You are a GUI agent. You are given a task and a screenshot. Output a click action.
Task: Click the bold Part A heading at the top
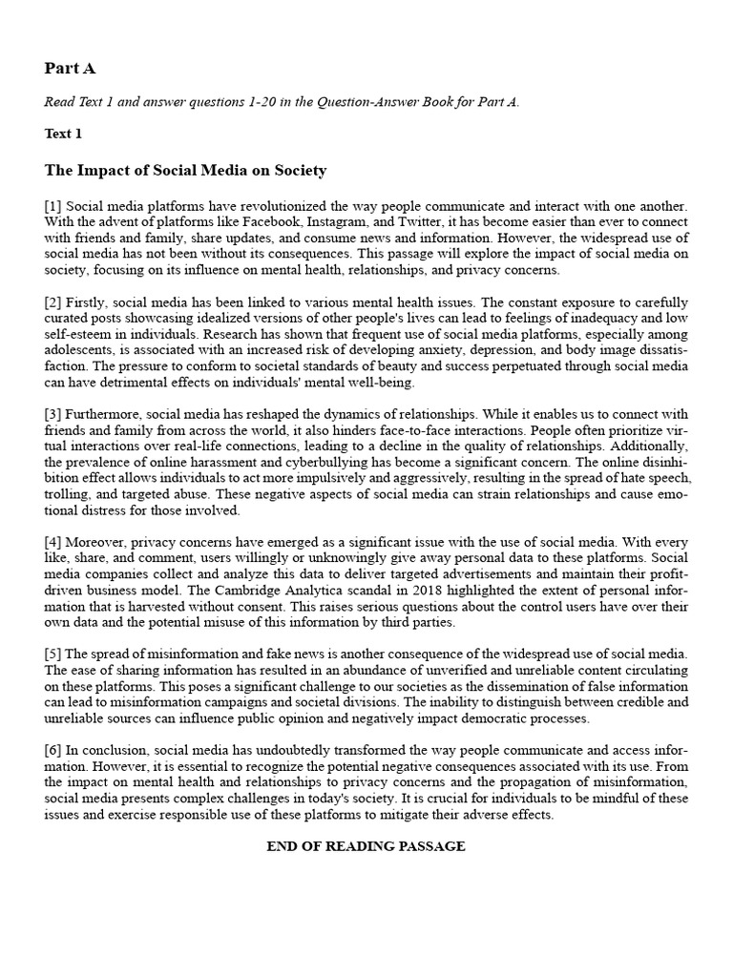click(70, 69)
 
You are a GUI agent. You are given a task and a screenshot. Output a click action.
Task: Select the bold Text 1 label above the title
click(63, 134)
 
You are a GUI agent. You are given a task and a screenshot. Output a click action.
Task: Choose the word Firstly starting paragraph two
click(87, 301)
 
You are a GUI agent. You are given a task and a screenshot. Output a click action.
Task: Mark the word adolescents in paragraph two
click(81, 348)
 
